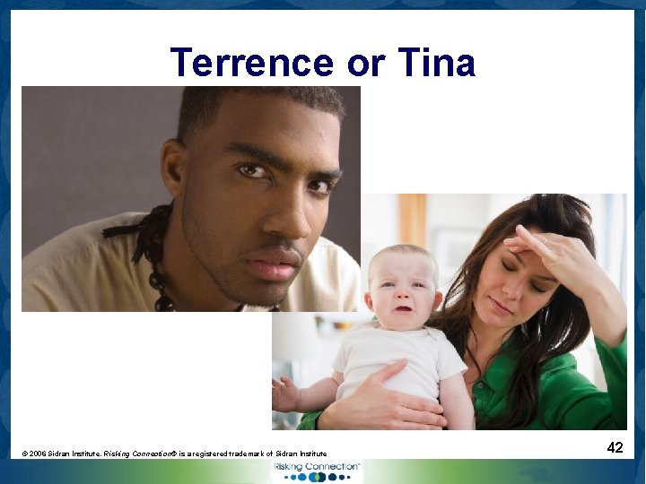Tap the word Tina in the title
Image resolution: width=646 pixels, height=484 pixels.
(435, 63)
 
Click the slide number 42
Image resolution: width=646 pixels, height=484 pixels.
(615, 446)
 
